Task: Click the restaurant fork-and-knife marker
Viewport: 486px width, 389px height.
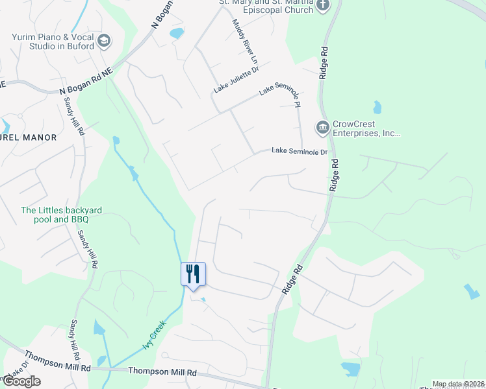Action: [x=193, y=274]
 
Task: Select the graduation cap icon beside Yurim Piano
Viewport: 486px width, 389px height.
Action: [x=104, y=42]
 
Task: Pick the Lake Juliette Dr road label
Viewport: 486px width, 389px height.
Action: [x=237, y=79]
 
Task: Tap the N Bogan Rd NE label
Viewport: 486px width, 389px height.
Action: [x=86, y=84]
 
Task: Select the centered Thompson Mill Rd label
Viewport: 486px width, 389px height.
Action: [x=162, y=372]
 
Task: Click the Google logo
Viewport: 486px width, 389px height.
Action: [x=21, y=381]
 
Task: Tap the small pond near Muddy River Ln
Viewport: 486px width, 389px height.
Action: [x=177, y=32]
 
